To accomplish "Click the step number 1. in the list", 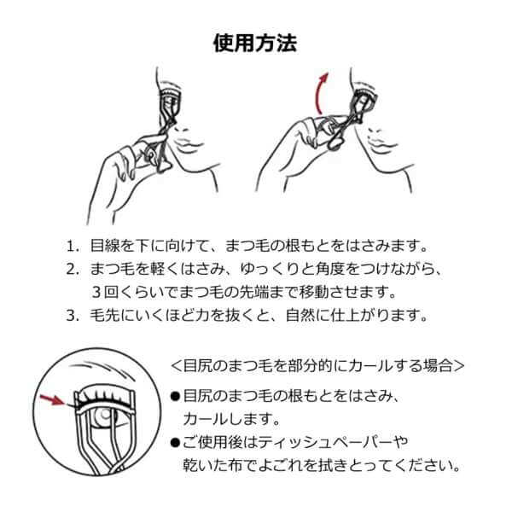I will pyautogui.click(x=72, y=247).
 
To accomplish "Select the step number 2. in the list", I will pyautogui.click(x=72, y=270).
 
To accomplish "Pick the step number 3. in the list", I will pyautogui.click(x=72, y=315).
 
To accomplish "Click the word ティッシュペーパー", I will pyautogui.click(x=327, y=443).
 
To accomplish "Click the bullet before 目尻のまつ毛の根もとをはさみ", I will pyautogui.click(x=176, y=397).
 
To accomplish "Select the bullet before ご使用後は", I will pyautogui.click(x=176, y=443).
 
